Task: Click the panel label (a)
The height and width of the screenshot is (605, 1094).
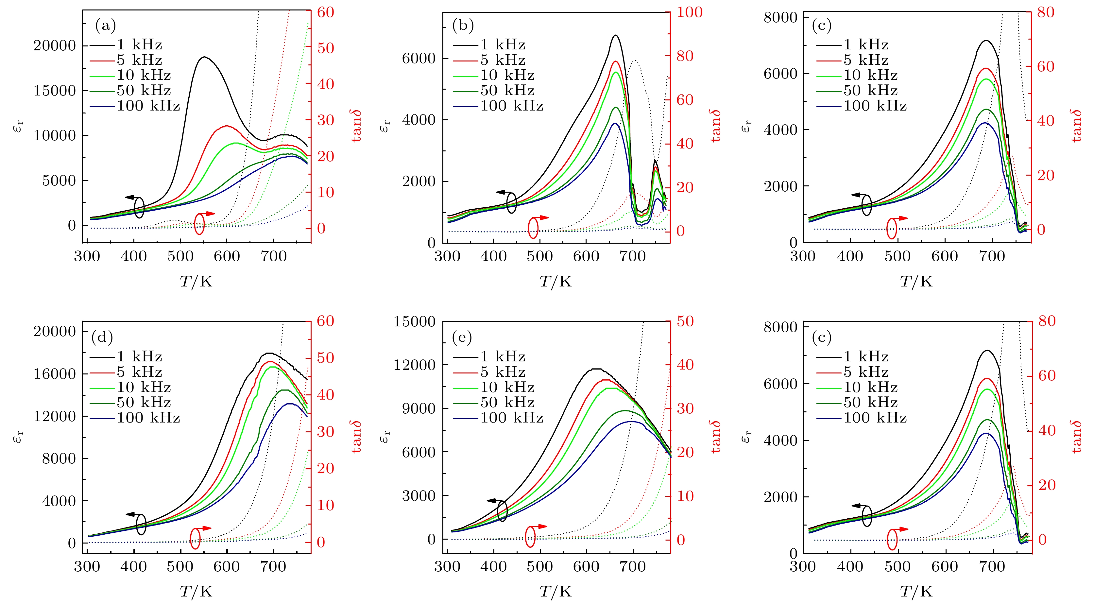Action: pos(105,26)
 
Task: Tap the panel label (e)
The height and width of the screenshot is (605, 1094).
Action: pos(462,337)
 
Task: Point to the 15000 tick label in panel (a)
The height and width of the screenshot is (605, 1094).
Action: pos(54,91)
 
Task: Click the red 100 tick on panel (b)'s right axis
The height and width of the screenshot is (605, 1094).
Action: pos(689,12)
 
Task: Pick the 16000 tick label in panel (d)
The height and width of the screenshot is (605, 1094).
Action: pos(54,374)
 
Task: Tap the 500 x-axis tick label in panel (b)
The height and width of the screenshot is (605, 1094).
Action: pos(540,256)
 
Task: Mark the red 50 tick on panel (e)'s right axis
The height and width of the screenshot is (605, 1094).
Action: pos(685,321)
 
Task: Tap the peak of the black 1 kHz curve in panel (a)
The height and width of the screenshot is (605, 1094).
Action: pos(204,57)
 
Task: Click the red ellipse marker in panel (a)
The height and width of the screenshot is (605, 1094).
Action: pos(199,223)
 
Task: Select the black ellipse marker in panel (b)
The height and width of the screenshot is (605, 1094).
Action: pos(511,203)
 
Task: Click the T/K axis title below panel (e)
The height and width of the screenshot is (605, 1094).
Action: pos(556,591)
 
